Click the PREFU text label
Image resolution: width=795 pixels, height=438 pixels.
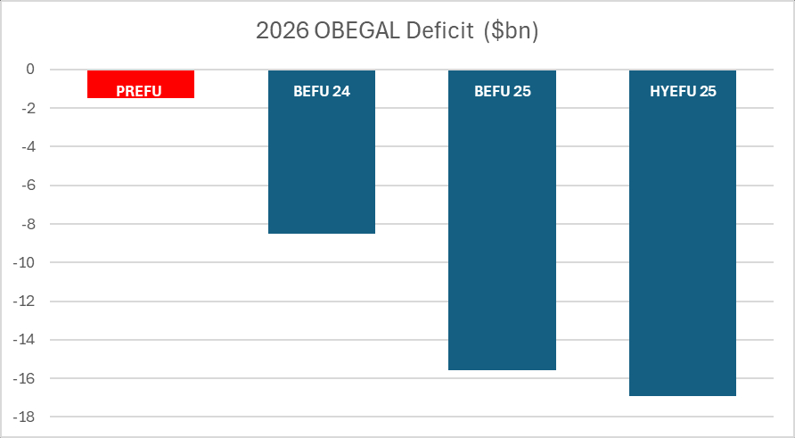tap(140, 91)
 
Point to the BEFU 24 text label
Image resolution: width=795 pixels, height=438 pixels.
tap(321, 91)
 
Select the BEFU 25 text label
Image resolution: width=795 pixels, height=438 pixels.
tap(502, 91)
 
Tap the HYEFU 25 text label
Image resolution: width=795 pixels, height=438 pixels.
tap(683, 91)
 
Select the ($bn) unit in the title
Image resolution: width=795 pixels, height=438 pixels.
tap(511, 30)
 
